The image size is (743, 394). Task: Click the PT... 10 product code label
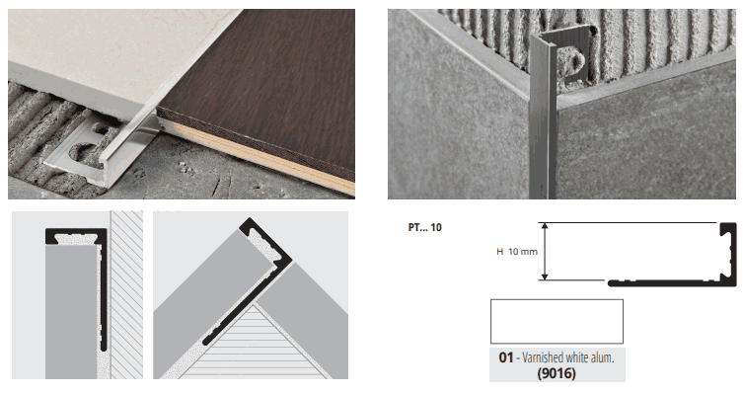(424, 227)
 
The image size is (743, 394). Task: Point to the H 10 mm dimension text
(517, 252)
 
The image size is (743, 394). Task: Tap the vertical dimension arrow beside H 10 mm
(545, 251)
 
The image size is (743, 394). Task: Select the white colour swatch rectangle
(557, 322)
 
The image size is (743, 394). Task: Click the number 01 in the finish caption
(505, 357)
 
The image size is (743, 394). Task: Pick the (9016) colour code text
(557, 373)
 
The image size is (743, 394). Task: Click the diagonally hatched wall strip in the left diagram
(126, 295)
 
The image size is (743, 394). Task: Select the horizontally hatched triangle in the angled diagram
(255, 347)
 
